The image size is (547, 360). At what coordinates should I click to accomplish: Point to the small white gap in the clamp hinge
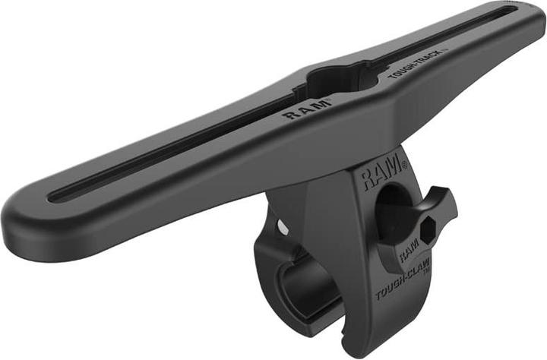[x=283, y=226]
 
